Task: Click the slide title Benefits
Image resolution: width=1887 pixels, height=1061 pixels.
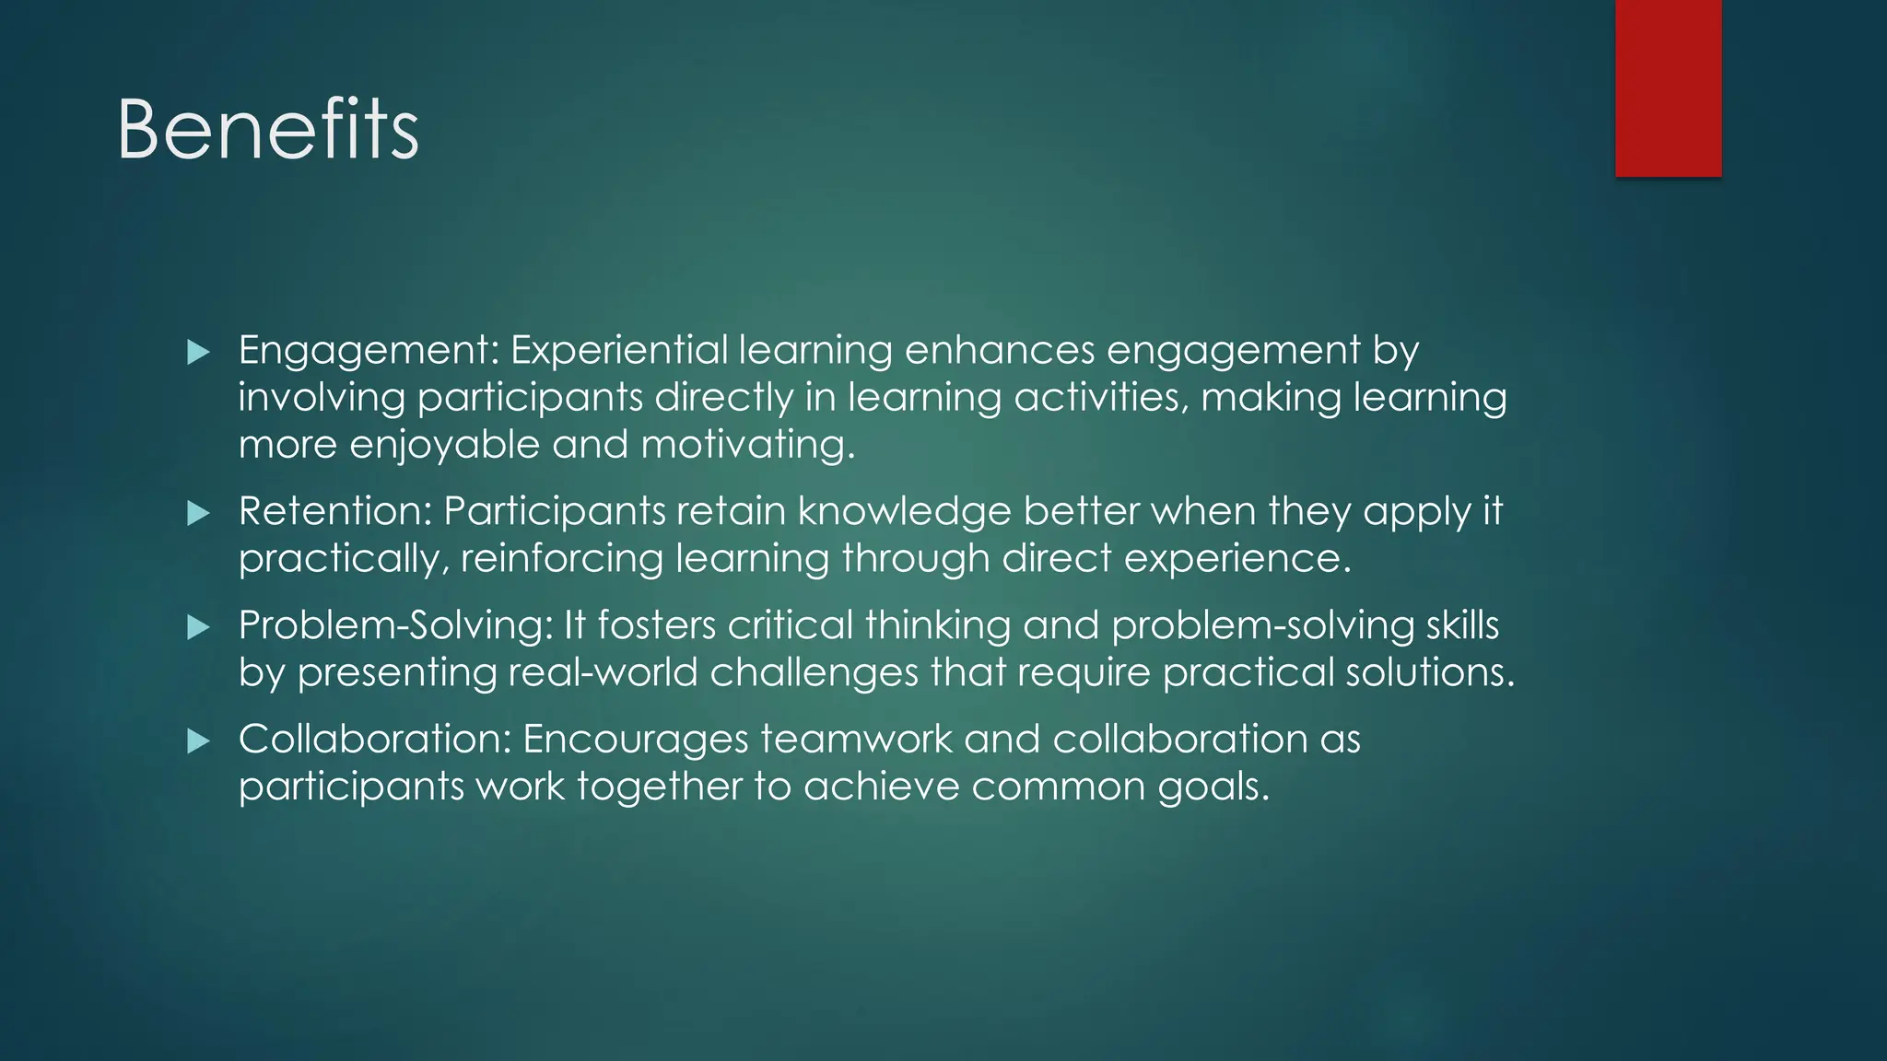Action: point(268,130)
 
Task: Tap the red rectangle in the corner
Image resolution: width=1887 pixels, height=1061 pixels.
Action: point(1668,87)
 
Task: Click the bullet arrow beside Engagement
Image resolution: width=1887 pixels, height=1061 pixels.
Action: point(198,352)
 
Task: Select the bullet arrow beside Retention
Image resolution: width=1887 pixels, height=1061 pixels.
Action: point(198,513)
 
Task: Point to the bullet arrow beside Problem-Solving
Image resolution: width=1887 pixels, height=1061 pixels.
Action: point(198,627)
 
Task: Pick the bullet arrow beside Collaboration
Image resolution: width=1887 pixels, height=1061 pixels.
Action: point(198,740)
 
